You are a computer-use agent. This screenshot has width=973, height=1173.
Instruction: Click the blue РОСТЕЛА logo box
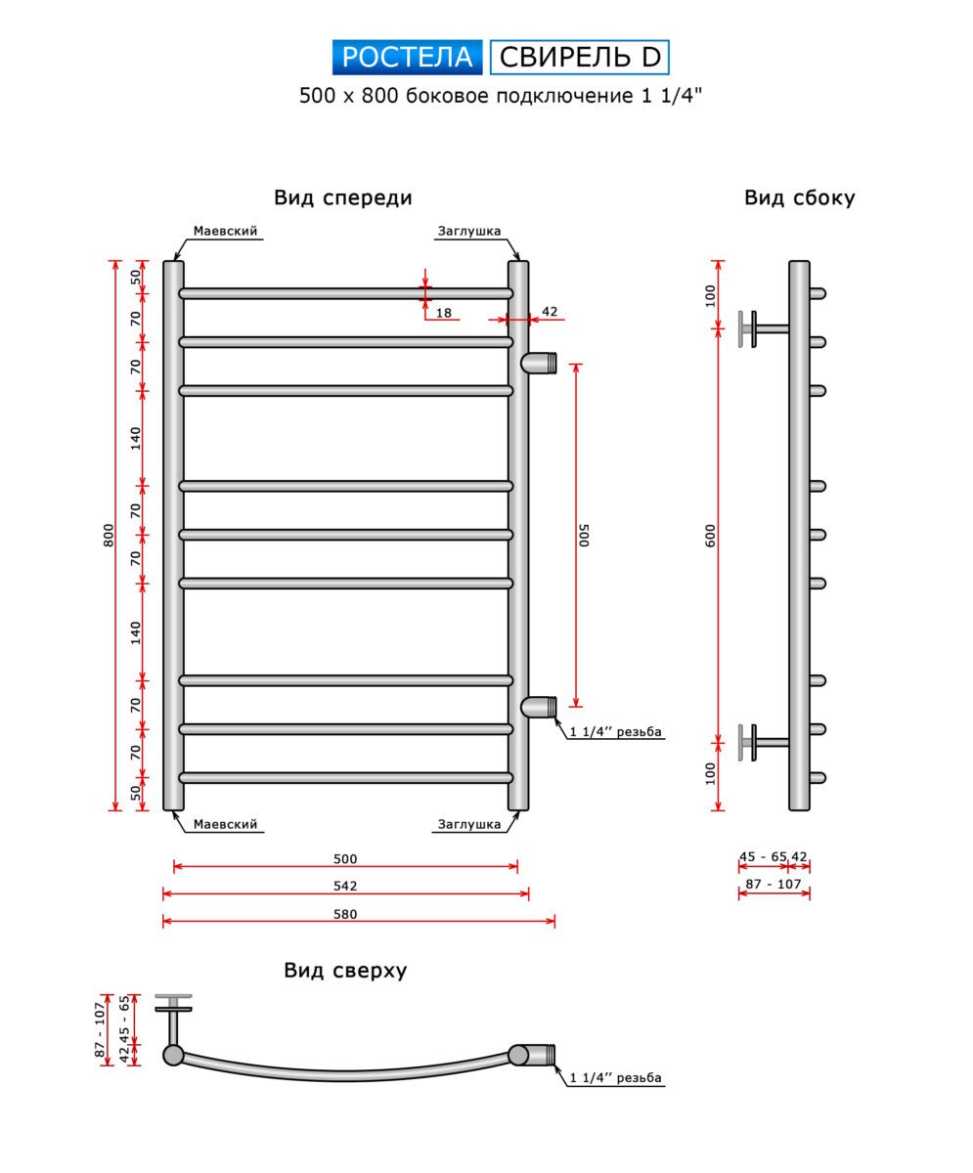tap(407, 58)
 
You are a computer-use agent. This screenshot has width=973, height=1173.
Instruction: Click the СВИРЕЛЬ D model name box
tap(579, 58)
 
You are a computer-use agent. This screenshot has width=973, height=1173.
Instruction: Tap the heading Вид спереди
tap(342, 197)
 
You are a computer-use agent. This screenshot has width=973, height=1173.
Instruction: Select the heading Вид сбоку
tap(799, 197)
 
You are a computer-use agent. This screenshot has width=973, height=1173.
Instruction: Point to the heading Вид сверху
tap(345, 971)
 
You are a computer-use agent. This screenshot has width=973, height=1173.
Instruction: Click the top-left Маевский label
tap(225, 232)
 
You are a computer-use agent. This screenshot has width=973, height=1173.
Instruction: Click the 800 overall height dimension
tap(110, 536)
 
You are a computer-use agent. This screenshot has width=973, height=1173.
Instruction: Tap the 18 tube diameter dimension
tap(444, 313)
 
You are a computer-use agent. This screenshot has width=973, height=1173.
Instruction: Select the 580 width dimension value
tap(345, 915)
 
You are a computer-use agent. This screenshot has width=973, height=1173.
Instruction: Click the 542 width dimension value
tap(345, 887)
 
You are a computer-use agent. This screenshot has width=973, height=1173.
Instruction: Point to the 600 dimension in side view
tap(712, 536)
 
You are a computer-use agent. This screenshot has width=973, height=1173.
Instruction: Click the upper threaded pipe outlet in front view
tap(540, 363)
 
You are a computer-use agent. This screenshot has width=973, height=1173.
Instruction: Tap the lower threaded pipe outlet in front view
tap(540, 707)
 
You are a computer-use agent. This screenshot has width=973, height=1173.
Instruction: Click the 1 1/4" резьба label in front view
tap(616, 731)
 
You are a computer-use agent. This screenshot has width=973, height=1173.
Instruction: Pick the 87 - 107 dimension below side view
tap(774, 885)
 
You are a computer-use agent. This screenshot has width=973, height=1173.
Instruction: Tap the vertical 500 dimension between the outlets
tap(584, 536)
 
